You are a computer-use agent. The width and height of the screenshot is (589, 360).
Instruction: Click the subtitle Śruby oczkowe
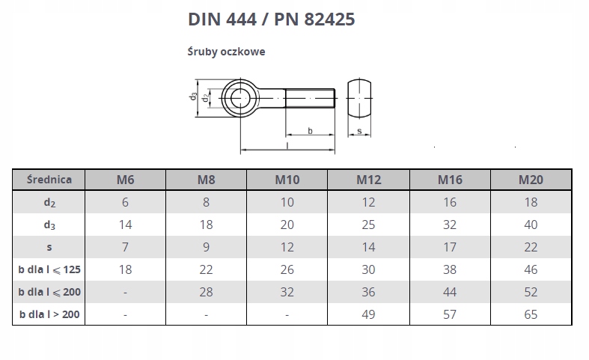(226, 52)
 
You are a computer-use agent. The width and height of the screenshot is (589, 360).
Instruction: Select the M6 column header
(125, 180)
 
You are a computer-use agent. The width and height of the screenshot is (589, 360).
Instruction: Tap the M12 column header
(368, 180)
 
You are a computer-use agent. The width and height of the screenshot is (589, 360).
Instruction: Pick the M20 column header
(531, 180)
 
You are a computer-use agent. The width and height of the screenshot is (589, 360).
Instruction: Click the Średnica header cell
(49, 180)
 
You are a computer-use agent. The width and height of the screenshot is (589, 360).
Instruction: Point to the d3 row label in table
(49, 225)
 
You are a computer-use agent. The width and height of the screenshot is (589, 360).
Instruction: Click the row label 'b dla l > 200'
(49, 314)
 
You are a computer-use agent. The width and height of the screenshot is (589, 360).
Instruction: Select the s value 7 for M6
(125, 247)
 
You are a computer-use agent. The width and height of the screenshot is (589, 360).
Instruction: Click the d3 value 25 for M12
(368, 225)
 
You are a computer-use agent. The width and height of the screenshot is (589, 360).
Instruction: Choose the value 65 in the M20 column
(531, 314)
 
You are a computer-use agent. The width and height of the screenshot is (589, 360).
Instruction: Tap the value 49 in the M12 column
(368, 314)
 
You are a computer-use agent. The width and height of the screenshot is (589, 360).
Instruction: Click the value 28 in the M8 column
(206, 292)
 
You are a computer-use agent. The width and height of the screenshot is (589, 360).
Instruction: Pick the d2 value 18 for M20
(531, 202)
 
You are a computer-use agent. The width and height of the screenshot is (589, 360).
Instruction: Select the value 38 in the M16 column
(450, 269)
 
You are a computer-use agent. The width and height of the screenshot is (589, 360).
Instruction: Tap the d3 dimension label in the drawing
(193, 97)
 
